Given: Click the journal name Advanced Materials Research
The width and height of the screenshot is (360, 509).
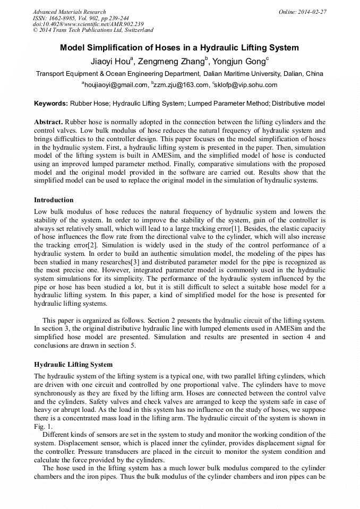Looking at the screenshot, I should coord(69,12).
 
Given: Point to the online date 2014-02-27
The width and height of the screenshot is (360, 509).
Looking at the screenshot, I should coord(311,12).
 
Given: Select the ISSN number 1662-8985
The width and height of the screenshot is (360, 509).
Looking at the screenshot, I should coord(64,18).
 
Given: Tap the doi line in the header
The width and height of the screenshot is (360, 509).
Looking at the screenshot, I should coord(88,24).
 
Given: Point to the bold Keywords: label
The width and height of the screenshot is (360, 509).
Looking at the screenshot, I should coord(51,103).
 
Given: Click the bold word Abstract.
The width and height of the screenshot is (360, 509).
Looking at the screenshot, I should coord(48,122).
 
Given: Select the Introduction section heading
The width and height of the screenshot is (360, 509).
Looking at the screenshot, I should coord(54,200).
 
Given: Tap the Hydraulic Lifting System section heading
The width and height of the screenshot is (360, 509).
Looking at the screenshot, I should coord(73,365).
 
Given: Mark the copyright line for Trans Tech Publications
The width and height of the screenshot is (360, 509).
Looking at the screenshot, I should coord(93,30).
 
